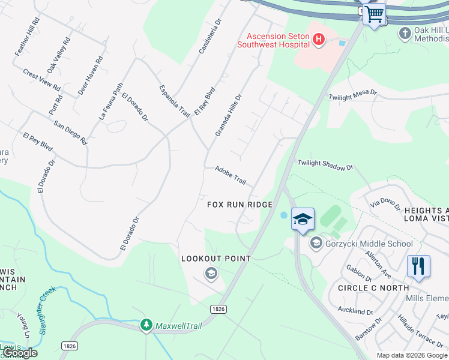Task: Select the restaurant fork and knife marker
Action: [x=418, y=266]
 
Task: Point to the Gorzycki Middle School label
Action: [x=369, y=244]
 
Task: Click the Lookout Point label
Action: [x=216, y=259]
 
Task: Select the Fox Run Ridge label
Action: [x=240, y=205]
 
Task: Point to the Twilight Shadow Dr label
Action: [x=325, y=166]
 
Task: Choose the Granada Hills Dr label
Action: [x=228, y=114]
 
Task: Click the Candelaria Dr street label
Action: [x=210, y=35]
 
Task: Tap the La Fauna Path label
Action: [x=110, y=101]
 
